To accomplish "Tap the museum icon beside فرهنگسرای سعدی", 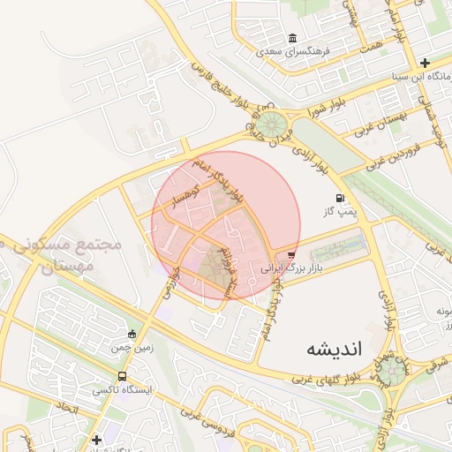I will point(292,38).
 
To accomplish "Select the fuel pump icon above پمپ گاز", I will point(340,198).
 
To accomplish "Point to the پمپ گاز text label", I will point(340,212).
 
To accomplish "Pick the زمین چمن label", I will point(132,347).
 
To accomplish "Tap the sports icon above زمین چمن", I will point(132,334).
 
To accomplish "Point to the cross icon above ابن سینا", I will point(425,63).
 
